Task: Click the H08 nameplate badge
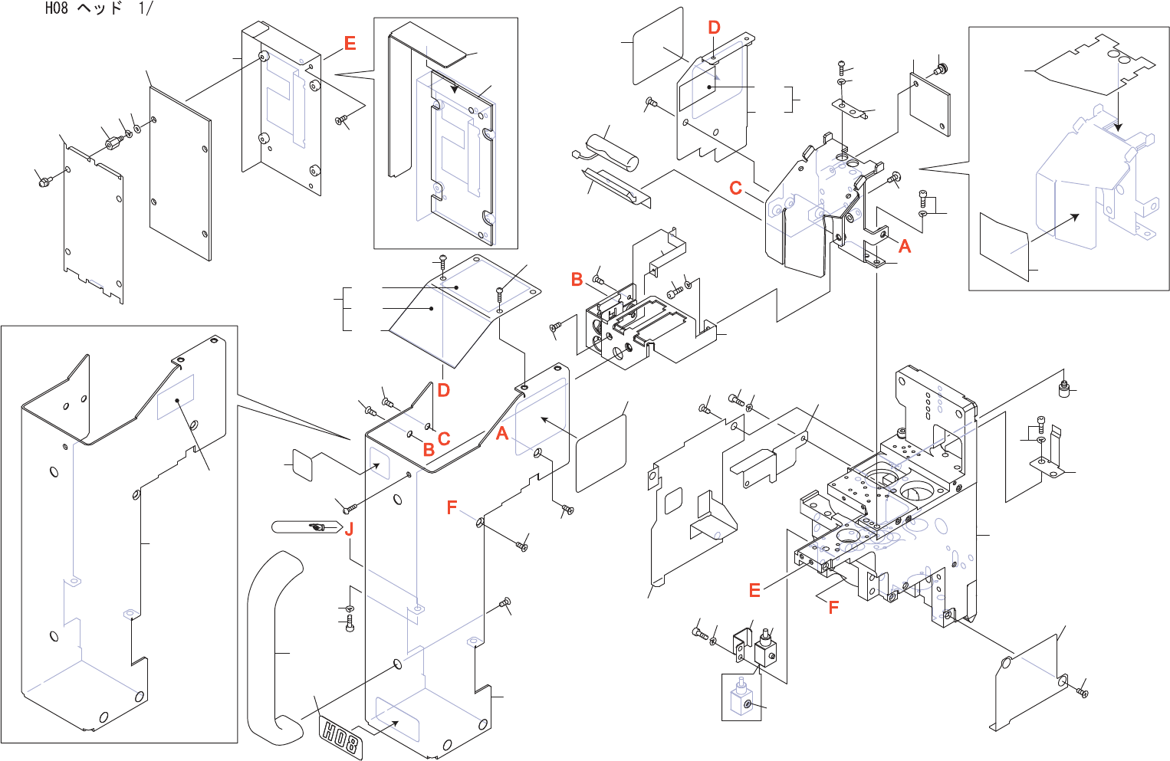tap(340, 737)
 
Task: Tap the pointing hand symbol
tap(317, 527)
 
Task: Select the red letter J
tap(349, 530)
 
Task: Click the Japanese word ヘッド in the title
tap(100, 8)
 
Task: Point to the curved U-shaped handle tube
tap(274, 649)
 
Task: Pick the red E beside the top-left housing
tap(350, 44)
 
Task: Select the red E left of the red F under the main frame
tap(754, 590)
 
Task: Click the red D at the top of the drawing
tap(714, 27)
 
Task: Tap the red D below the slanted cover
tap(443, 390)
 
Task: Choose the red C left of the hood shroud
tap(735, 188)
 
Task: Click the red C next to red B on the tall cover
tap(444, 438)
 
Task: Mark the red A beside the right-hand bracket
tap(905, 246)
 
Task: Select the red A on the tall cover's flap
tap(502, 433)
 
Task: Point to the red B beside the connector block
tap(577, 279)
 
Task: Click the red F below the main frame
tap(833, 607)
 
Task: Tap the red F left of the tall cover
tap(452, 507)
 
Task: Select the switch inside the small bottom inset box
tap(740, 697)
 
